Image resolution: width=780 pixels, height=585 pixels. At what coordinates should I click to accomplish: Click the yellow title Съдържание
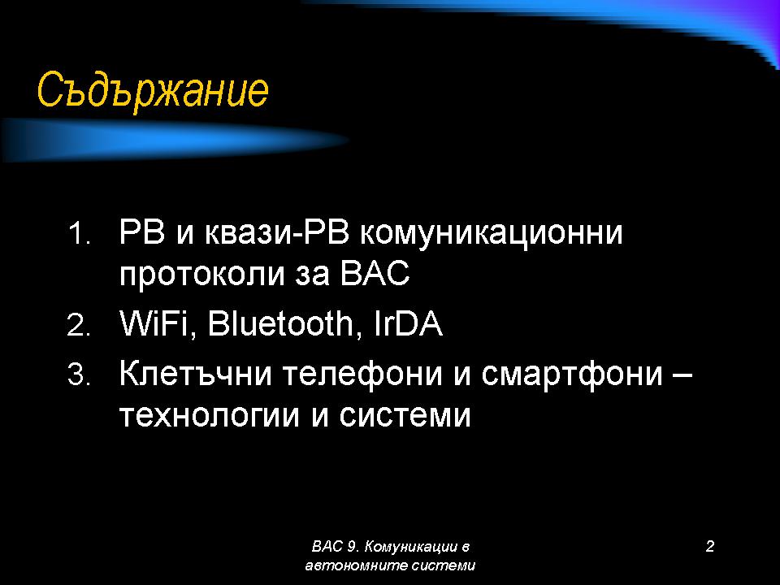[153, 91]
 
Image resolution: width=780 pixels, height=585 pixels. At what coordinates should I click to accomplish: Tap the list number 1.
[78, 233]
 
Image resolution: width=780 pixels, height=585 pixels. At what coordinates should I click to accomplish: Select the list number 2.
[79, 325]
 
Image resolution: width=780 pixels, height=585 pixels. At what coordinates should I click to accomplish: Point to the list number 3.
[79, 375]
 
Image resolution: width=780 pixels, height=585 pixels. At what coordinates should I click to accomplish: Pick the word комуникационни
[492, 233]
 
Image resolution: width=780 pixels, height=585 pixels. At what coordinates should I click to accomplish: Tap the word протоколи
[201, 274]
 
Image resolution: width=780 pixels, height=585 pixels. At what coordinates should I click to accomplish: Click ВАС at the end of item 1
[375, 272]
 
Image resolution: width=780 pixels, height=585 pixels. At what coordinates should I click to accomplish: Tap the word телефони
[362, 374]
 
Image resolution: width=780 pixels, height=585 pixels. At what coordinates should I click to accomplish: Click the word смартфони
[572, 374]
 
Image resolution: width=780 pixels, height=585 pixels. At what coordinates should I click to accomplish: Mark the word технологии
[210, 415]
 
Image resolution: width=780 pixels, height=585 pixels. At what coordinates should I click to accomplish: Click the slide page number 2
[710, 546]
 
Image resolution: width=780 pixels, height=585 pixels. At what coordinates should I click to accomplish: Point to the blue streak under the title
[174, 140]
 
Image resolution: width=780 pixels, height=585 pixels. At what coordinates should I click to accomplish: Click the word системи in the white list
[405, 415]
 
